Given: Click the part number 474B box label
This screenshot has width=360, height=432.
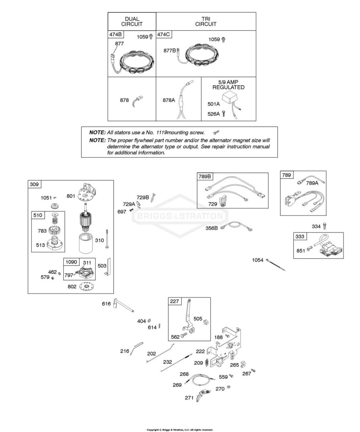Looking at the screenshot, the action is coord(116,35).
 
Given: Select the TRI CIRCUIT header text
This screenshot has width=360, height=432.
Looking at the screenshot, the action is coord(206,22).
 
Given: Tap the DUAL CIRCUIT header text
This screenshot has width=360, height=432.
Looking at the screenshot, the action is coord(132,22).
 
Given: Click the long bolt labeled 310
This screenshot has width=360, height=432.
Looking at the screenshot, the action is coord(106,239).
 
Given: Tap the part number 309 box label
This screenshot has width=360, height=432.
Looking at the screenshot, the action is coord(34,184).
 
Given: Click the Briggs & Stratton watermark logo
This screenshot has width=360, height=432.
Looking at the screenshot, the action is coord(180,216).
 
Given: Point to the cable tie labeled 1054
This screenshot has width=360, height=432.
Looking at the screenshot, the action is coord(276,265).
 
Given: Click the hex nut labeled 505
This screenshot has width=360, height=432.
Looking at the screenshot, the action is coord(206,322).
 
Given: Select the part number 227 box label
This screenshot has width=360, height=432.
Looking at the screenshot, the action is coord(175,301).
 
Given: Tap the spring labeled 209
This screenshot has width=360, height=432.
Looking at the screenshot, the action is coord(207,363).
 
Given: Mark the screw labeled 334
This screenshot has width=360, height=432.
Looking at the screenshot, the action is coord(325,226).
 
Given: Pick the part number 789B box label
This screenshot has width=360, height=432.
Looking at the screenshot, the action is coord(205,176).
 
